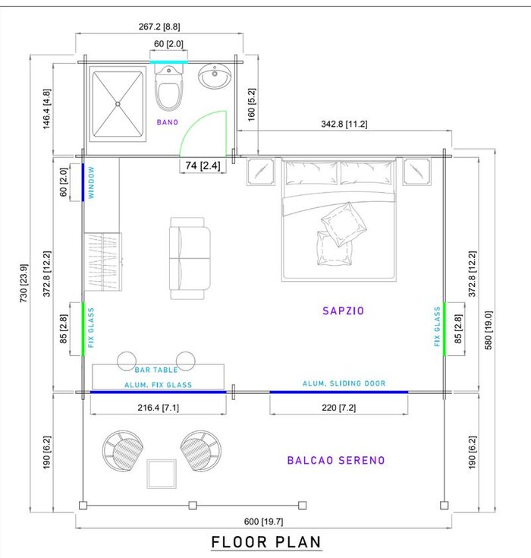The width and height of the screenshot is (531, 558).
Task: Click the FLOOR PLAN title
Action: pyautogui.click(x=266, y=542)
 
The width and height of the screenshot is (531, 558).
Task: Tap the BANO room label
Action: pyautogui.click(x=169, y=121)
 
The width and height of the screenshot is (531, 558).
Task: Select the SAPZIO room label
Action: pyautogui.click(x=343, y=311)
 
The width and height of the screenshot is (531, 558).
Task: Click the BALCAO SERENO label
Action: pyautogui.click(x=335, y=460)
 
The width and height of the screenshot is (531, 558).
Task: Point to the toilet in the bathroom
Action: pyautogui.click(x=168, y=87)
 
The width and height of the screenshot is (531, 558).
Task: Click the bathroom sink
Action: pyautogui.click(x=216, y=76)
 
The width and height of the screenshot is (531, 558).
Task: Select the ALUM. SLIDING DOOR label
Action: pyautogui.click(x=344, y=384)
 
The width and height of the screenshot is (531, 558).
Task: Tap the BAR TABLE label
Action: pyautogui.click(x=156, y=370)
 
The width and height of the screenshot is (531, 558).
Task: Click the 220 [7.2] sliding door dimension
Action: pyautogui.click(x=338, y=407)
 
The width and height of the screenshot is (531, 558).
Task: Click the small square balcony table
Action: pyautogui.click(x=162, y=474)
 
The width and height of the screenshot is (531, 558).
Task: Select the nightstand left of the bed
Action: pyautogui.click(x=260, y=172)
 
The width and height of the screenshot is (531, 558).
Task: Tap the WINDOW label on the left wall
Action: pyautogui.click(x=91, y=182)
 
